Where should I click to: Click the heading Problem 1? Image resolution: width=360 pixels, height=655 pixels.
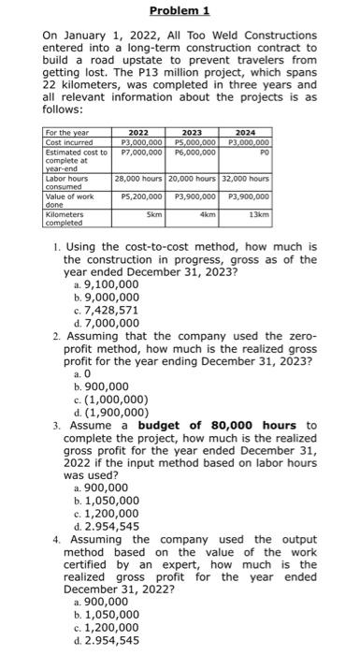180,11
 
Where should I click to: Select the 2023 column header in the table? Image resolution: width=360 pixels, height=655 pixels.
192,134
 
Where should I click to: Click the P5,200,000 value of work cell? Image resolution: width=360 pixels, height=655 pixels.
138,197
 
